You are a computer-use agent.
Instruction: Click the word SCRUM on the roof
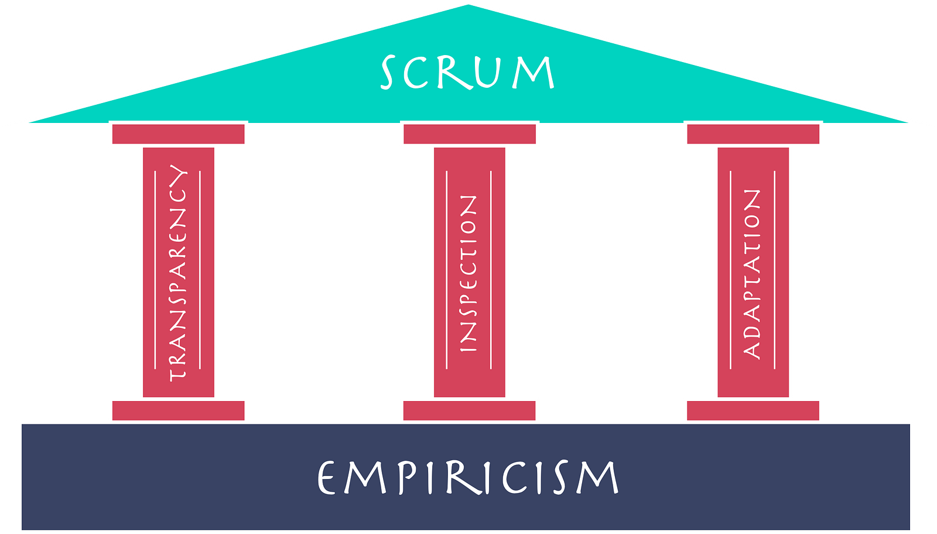click(467, 73)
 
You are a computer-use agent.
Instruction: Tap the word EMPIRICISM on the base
click(467, 477)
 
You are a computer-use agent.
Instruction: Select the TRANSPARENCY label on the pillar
click(177, 272)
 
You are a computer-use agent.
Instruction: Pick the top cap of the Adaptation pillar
click(753, 135)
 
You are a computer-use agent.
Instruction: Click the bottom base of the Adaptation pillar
click(753, 410)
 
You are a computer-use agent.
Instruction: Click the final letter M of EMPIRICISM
click(597, 478)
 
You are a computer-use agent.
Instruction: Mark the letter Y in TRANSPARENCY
click(178, 175)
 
